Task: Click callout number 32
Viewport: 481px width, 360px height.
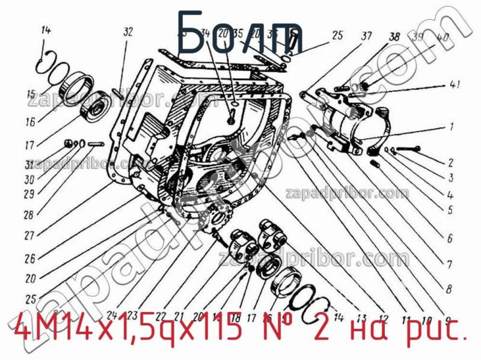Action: tap(127, 32)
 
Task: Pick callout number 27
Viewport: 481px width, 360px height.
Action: tap(29, 236)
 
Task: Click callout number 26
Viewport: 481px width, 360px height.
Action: tap(29, 258)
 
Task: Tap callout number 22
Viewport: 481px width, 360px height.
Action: tap(160, 315)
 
